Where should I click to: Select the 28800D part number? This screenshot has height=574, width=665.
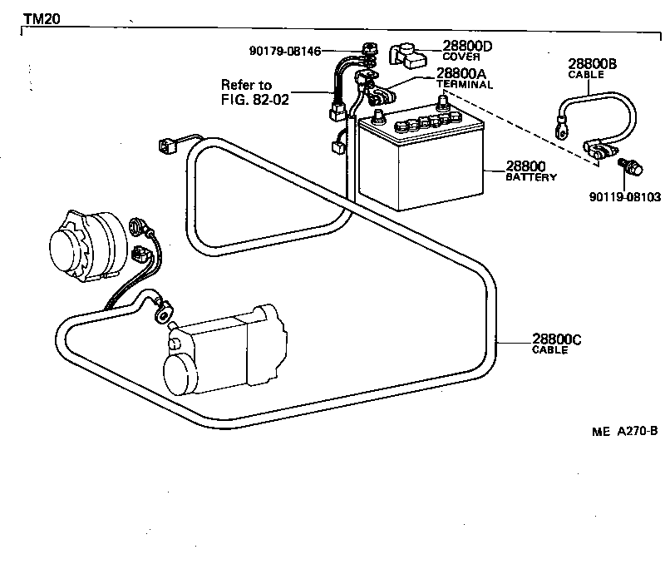(x=467, y=46)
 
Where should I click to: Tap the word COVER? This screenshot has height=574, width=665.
(x=461, y=57)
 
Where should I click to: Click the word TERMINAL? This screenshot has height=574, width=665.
(x=464, y=85)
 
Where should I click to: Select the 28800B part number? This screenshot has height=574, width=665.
(x=592, y=63)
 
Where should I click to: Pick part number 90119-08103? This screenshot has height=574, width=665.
(x=625, y=199)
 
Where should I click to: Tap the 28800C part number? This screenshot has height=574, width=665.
(x=556, y=339)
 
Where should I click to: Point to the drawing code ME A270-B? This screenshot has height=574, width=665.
(x=624, y=431)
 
